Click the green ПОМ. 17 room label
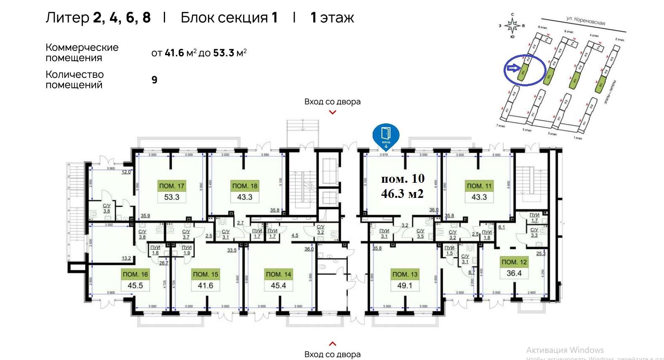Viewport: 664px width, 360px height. [x=171, y=186]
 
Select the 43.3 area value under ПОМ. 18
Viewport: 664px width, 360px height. [x=245, y=197]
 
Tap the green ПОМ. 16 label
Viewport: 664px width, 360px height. [x=135, y=274]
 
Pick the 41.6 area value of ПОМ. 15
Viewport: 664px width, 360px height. [x=205, y=285]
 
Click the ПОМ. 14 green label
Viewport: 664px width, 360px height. [x=278, y=274]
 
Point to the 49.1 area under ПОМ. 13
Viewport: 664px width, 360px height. [x=405, y=285]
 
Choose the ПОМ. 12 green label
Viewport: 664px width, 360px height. [x=514, y=262]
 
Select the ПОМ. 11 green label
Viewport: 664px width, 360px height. [x=479, y=186]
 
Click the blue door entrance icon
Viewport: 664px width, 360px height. [x=386, y=134]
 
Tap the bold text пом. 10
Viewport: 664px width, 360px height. [x=403, y=179]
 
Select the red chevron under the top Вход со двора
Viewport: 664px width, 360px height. [x=333, y=112]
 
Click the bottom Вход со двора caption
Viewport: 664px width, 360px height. [x=332, y=354]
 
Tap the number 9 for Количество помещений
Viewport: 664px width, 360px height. [x=155, y=80]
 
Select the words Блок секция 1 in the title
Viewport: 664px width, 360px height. [x=229, y=18]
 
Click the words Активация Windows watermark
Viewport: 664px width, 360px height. [x=565, y=350]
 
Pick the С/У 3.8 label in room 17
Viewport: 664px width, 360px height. [x=107, y=208]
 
